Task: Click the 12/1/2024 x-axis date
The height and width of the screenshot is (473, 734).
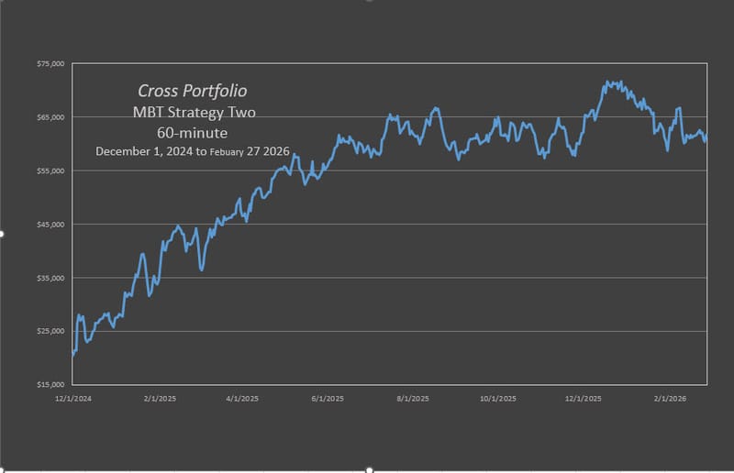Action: [x=72, y=398]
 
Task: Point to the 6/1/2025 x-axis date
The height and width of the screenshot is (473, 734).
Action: [x=327, y=398]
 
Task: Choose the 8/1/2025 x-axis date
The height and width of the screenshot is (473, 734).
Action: [x=412, y=398]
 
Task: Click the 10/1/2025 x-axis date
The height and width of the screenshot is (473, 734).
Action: [x=498, y=398]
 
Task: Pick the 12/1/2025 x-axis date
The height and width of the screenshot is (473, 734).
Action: [x=584, y=398]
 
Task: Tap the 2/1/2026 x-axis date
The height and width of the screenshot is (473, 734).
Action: [x=670, y=398]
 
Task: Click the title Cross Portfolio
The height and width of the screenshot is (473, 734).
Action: [x=192, y=92]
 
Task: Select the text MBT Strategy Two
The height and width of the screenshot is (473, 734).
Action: [x=192, y=113]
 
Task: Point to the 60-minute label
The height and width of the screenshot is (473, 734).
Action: [x=192, y=133]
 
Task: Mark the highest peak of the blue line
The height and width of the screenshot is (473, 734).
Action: [x=608, y=82]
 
